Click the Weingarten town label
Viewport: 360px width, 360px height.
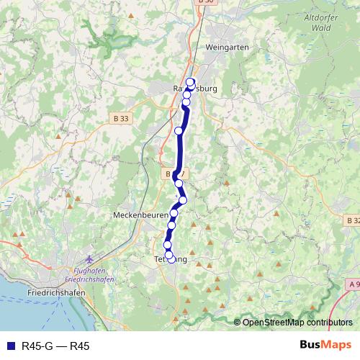227,47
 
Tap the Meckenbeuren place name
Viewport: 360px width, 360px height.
140,215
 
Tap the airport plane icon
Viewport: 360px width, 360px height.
89,259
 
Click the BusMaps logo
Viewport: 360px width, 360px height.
320,346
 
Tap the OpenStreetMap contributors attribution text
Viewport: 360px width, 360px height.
297,323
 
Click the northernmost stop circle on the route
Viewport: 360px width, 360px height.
191,81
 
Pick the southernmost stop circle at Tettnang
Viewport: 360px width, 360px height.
170,256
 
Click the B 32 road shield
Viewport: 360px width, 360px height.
353,220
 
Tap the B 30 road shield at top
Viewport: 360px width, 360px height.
206,2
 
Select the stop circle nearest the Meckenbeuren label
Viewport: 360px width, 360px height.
174,213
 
